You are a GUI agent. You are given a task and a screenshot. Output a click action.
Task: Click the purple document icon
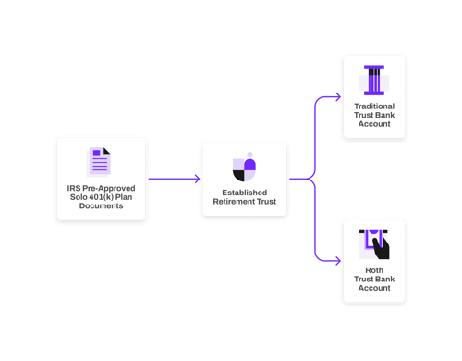pyautogui.click(x=101, y=162)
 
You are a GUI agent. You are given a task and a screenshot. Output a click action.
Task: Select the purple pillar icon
pyautogui.click(x=373, y=80)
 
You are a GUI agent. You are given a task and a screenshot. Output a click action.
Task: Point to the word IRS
pyautogui.click(x=74, y=190)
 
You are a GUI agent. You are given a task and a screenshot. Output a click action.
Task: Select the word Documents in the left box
pyautogui.click(x=102, y=208)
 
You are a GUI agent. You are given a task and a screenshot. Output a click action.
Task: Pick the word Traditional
pyautogui.click(x=373, y=106)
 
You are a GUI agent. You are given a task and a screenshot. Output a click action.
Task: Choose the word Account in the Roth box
pyautogui.click(x=373, y=289)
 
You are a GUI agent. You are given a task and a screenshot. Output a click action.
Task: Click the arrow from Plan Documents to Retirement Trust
pyautogui.click(x=174, y=179)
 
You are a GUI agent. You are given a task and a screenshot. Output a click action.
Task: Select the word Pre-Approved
pyautogui.click(x=108, y=190)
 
